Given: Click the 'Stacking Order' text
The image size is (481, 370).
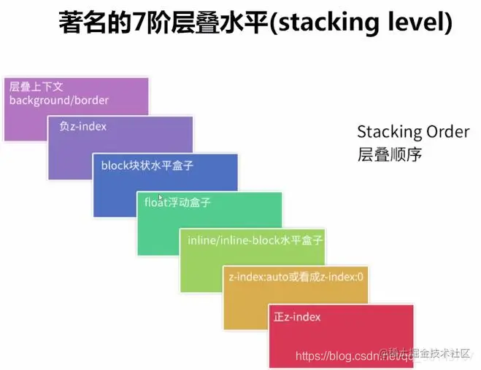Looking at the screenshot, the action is pos(413,132).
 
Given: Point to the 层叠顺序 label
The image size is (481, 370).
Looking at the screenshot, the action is pos(390,155).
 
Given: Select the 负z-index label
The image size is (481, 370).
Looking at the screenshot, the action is pos(82,126).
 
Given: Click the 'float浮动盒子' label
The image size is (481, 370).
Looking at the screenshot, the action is pos(177,202).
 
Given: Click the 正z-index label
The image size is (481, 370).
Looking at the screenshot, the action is pos(297,317).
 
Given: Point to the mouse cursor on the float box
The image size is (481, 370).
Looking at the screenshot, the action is pos(160,197).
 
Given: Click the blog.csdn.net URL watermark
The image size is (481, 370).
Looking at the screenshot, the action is pos(336,356).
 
